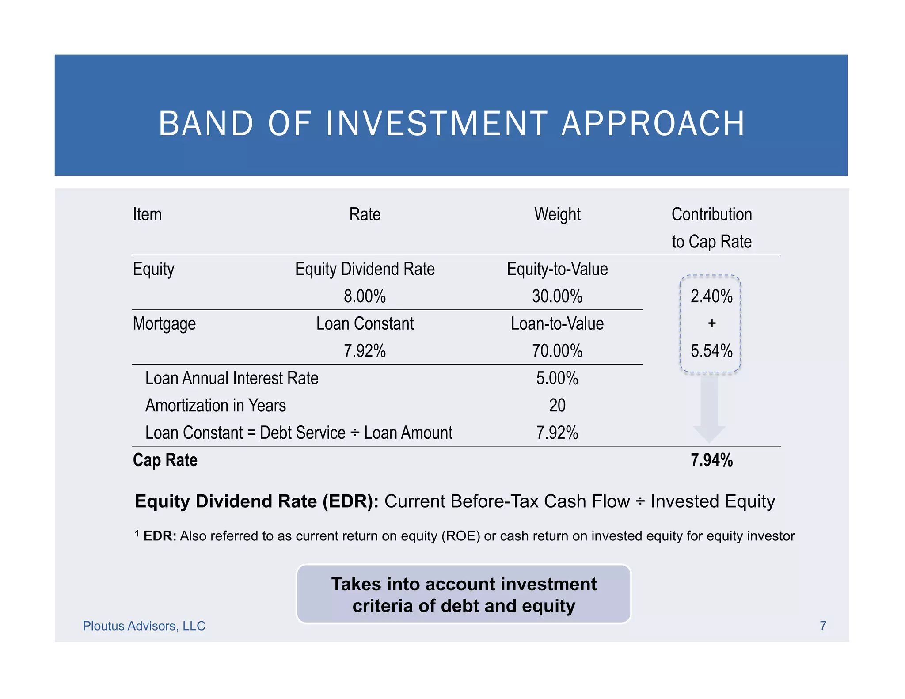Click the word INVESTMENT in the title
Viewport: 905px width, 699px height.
click(x=437, y=124)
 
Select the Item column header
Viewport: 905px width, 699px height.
click(x=147, y=215)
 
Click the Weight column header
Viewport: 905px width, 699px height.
click(x=557, y=215)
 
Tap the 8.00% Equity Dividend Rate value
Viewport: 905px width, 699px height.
click(x=365, y=296)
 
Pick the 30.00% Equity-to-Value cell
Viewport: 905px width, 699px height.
click(x=557, y=296)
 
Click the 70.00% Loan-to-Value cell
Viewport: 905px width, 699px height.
click(x=557, y=351)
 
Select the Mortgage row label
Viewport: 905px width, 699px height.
click(x=164, y=324)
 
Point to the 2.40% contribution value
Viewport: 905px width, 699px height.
click(x=711, y=296)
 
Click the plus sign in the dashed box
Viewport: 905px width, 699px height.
click(x=711, y=323)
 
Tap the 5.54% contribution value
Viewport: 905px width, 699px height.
click(x=711, y=351)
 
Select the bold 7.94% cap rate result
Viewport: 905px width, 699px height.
click(x=711, y=460)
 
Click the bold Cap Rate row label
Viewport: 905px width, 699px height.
click(x=165, y=460)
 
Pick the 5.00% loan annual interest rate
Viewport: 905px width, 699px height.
click(x=557, y=379)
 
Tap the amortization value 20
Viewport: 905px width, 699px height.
click(x=557, y=406)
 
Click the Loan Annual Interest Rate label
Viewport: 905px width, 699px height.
click(x=232, y=379)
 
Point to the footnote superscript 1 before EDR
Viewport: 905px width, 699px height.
click(x=137, y=533)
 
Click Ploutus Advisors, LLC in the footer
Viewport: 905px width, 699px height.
click(x=144, y=626)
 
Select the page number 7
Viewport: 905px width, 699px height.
click(x=823, y=626)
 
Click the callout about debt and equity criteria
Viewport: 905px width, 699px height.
click(x=464, y=594)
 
